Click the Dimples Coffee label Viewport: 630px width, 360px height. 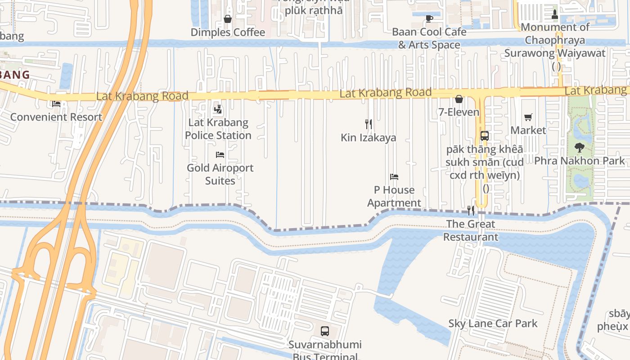click(228, 32)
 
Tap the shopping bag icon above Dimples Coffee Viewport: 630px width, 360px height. click(228, 19)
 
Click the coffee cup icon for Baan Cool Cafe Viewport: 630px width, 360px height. click(429, 18)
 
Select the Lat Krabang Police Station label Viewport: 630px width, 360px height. click(218, 129)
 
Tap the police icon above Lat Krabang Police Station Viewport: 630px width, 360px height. click(218, 109)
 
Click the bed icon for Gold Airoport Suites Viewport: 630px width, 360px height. click(220, 155)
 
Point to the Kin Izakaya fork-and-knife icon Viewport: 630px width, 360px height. click(369, 124)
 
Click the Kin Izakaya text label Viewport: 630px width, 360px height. click(369, 138)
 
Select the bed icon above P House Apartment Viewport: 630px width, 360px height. click(394, 177)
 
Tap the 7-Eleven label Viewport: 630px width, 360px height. click(459, 112)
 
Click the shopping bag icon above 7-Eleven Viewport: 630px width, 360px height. click(459, 99)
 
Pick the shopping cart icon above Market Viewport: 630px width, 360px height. click(528, 117)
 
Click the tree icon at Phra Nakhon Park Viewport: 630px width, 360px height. click(580, 147)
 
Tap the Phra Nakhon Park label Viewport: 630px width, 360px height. click(580, 161)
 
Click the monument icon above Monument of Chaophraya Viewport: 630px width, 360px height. click(554, 14)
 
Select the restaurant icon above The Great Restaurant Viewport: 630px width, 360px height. click(471, 210)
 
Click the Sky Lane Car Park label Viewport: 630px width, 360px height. click(493, 324)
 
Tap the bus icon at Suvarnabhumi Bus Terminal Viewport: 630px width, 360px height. click(325, 331)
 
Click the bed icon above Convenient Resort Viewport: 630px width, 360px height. click(56, 104)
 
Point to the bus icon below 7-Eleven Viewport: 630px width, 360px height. click(485, 136)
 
